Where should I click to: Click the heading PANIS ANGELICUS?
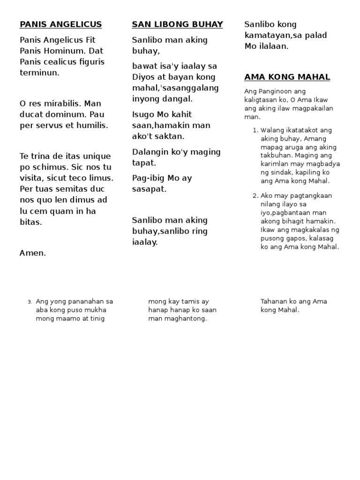tap(60, 24)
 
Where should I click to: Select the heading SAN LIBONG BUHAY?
tap(177, 24)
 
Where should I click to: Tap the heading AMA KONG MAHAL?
tap(287, 77)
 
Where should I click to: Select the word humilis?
tap(91, 125)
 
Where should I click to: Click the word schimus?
tap(50, 167)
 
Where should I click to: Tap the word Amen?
tap(33, 253)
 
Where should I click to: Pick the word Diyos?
tap(143, 77)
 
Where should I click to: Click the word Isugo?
tap(143, 114)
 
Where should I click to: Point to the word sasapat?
tap(149, 189)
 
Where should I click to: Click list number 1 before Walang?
tap(255, 130)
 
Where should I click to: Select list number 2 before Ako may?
tap(255, 196)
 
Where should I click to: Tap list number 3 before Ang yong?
tap(30, 302)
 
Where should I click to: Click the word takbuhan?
tap(277, 156)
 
